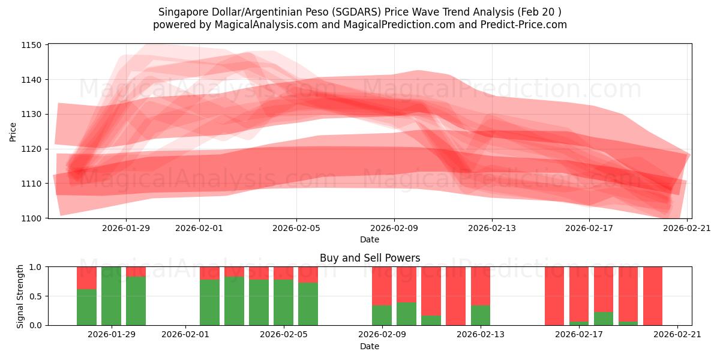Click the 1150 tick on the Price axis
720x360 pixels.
(x=32, y=45)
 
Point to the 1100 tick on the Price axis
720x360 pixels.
(x=32, y=218)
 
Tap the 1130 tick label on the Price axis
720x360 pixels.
(x=32, y=114)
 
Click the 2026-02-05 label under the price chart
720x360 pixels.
(x=296, y=228)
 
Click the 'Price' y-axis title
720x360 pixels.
(x=13, y=131)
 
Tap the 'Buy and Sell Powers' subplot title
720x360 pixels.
(x=370, y=258)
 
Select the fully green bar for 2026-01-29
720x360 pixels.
(x=111, y=296)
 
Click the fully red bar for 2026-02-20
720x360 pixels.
(x=653, y=296)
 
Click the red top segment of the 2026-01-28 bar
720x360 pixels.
(x=86, y=277)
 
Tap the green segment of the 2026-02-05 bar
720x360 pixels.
(x=308, y=304)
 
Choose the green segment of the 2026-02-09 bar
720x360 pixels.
(x=382, y=315)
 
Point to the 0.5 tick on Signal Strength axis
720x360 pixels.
(x=34, y=296)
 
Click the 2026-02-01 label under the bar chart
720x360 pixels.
(x=186, y=335)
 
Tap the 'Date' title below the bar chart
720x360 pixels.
(x=370, y=346)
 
